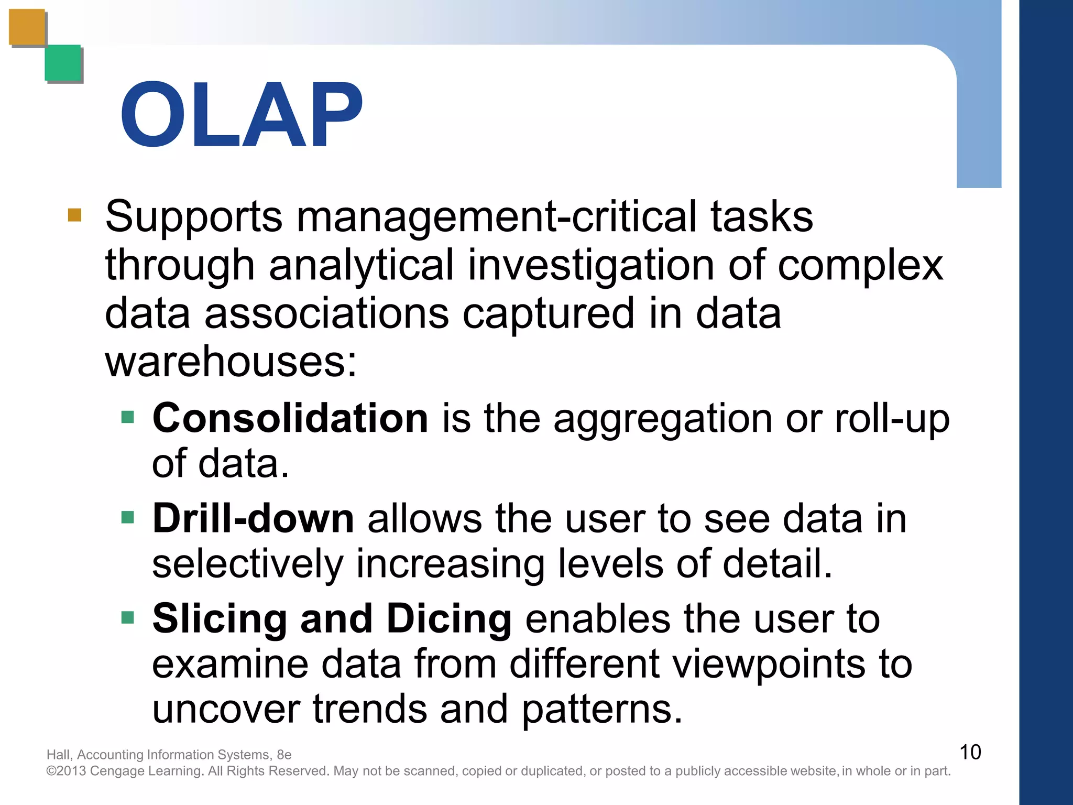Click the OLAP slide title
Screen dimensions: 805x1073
coord(242,115)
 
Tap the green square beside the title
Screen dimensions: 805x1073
coord(63,63)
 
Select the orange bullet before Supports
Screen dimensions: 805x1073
coord(75,215)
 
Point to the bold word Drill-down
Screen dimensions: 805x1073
coord(253,519)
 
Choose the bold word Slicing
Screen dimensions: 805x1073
coord(220,619)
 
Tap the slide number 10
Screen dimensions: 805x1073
coord(970,752)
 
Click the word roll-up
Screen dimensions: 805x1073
coord(892,419)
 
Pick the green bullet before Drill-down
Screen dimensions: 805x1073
coord(128,518)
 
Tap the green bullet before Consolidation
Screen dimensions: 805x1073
coord(128,417)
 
